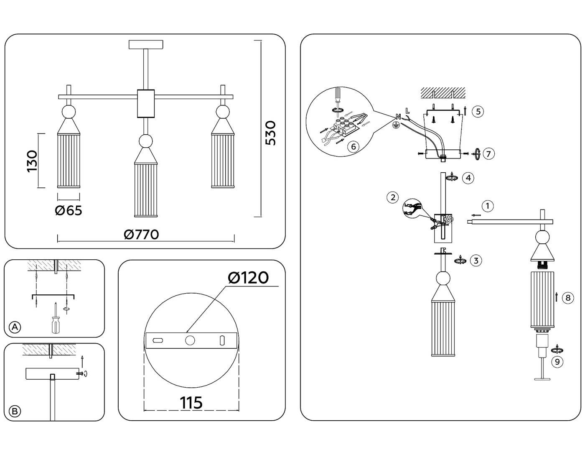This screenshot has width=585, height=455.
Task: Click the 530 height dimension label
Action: [x=271, y=133]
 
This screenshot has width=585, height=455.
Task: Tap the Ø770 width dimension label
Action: [x=141, y=235]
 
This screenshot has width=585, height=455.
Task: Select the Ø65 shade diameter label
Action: [x=69, y=210]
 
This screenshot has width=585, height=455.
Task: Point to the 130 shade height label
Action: [x=32, y=161]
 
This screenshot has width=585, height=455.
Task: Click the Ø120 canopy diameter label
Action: [x=248, y=277]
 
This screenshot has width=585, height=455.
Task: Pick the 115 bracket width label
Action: [x=191, y=403]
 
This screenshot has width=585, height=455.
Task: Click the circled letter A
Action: [x=15, y=327]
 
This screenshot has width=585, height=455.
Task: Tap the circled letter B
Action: [x=15, y=411]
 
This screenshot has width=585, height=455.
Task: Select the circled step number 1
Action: [x=487, y=206]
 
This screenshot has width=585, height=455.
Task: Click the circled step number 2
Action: [x=392, y=197]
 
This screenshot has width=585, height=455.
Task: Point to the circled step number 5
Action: [x=478, y=111]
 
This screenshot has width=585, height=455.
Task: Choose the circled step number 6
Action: [x=354, y=146]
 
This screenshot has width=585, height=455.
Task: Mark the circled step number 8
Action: [x=567, y=298]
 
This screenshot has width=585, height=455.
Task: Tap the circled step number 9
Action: [x=557, y=361]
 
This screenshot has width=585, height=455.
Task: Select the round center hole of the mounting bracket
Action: [x=190, y=340]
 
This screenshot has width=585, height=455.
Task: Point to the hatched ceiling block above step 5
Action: [x=443, y=92]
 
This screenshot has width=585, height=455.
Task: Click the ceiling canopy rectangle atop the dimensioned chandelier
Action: [x=146, y=44]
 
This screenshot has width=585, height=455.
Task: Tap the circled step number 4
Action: [x=468, y=178]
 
